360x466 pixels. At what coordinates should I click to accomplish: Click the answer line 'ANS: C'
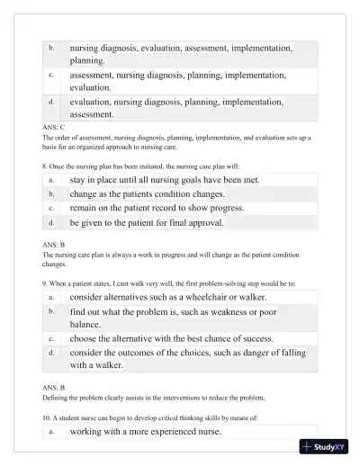tap(54, 128)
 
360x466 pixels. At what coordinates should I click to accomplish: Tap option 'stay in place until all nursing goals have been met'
tap(165, 180)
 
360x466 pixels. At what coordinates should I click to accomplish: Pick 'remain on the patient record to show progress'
tap(157, 208)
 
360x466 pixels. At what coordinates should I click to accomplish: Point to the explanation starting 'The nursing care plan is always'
tap(171, 260)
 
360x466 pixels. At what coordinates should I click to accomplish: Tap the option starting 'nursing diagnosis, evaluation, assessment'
tap(180, 53)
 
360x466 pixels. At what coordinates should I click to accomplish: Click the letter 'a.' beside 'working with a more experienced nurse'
tap(51, 432)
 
